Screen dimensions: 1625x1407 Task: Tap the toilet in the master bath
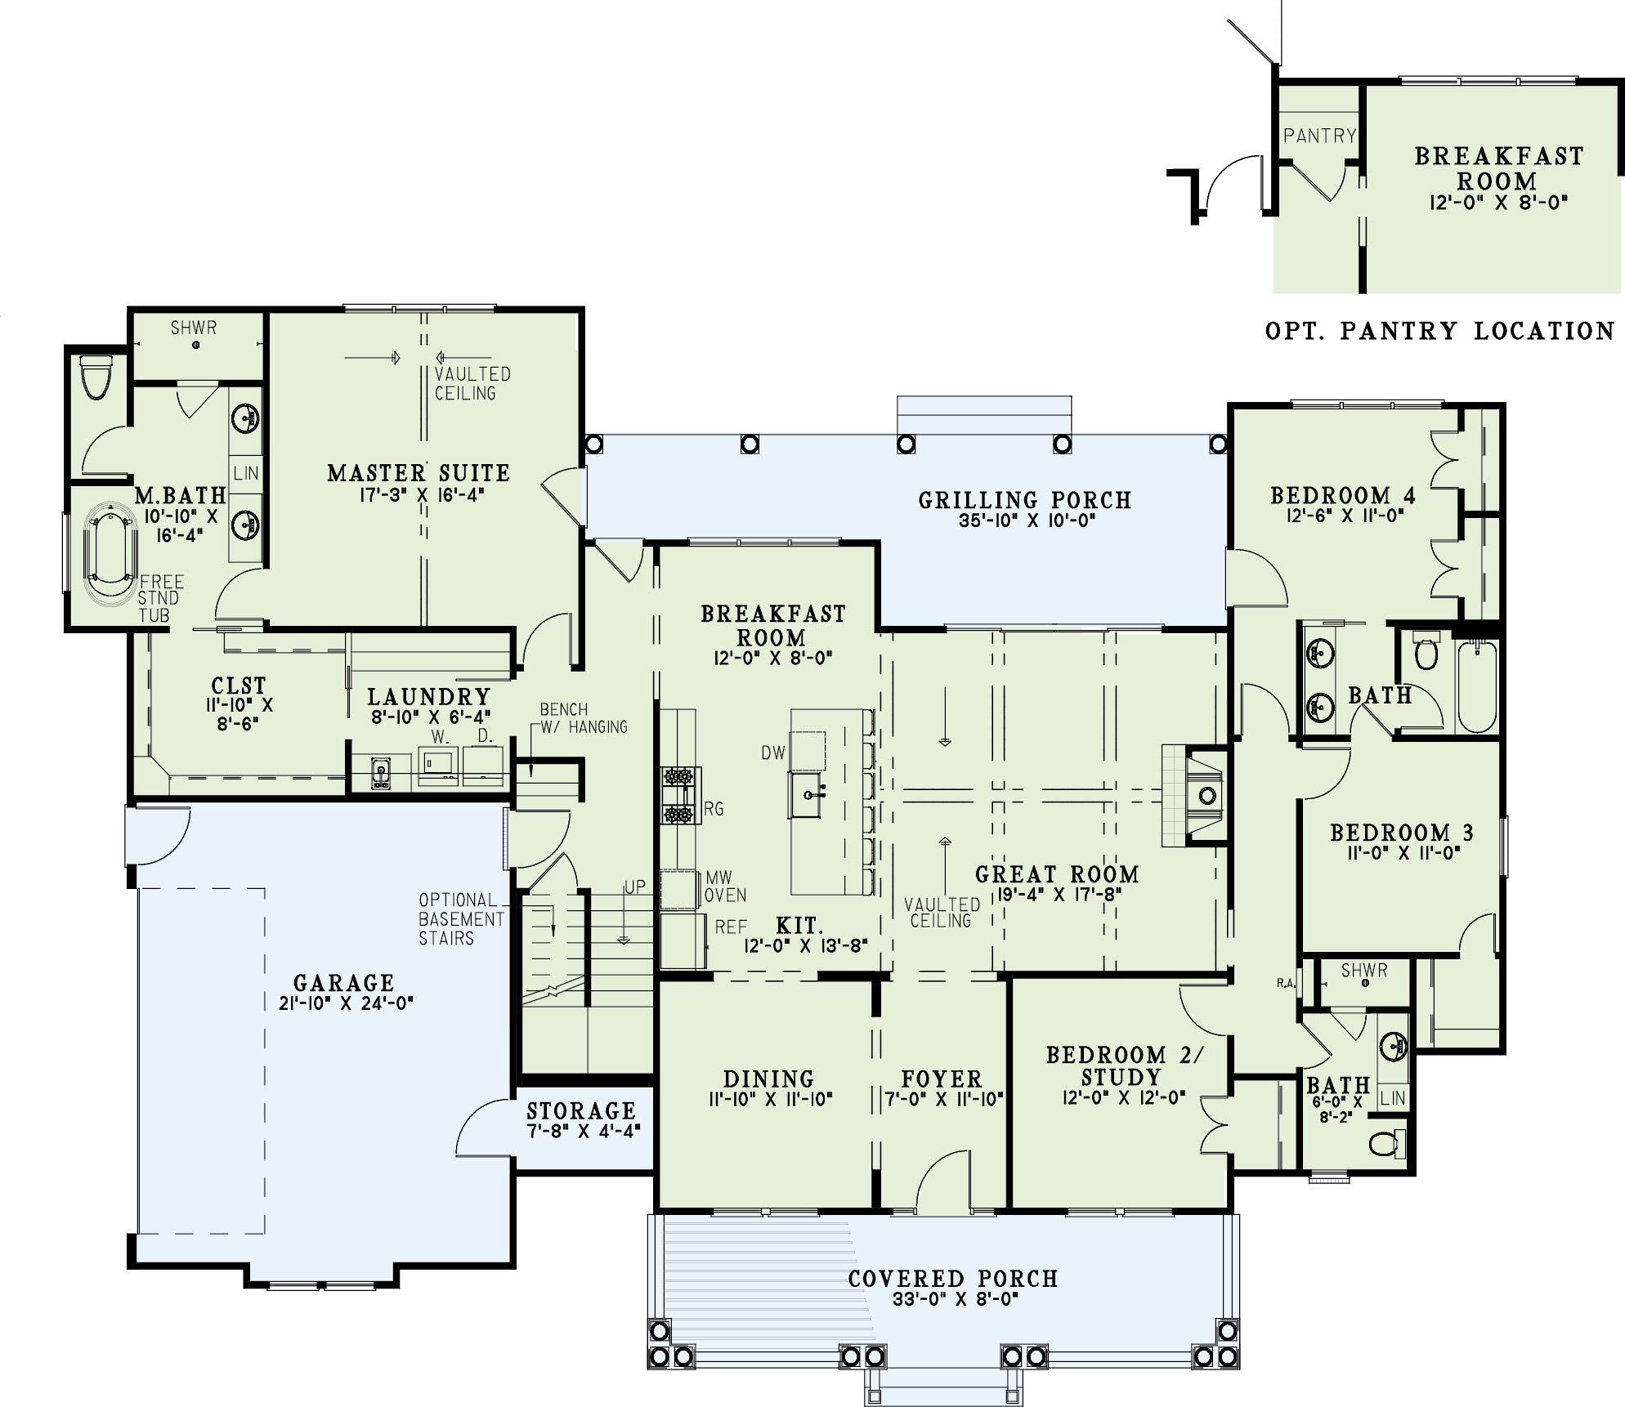[96, 377]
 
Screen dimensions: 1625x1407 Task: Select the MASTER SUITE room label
[419, 473]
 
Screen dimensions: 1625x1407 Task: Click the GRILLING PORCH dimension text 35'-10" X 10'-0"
[1027, 520]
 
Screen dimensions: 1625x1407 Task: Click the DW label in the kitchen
[773, 753]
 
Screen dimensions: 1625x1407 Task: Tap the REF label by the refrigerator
[731, 927]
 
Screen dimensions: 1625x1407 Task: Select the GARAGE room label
[344, 983]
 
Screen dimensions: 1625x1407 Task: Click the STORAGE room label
[581, 1111]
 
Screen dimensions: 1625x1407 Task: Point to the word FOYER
[942, 1079]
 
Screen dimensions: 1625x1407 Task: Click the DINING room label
[768, 1079]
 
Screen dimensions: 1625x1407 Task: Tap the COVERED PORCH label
[953, 1279]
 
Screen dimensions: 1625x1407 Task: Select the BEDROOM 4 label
[1343, 495]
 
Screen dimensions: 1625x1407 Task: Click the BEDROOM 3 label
[1402, 833]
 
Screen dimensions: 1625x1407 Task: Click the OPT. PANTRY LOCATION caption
[1440, 331]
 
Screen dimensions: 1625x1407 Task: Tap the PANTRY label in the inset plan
[1319, 136]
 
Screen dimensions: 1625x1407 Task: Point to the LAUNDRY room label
[429, 697]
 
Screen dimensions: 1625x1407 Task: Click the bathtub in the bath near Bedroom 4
[1477, 686]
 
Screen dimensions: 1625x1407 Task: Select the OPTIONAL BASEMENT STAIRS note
[462, 919]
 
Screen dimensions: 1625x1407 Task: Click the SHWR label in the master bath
[194, 328]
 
